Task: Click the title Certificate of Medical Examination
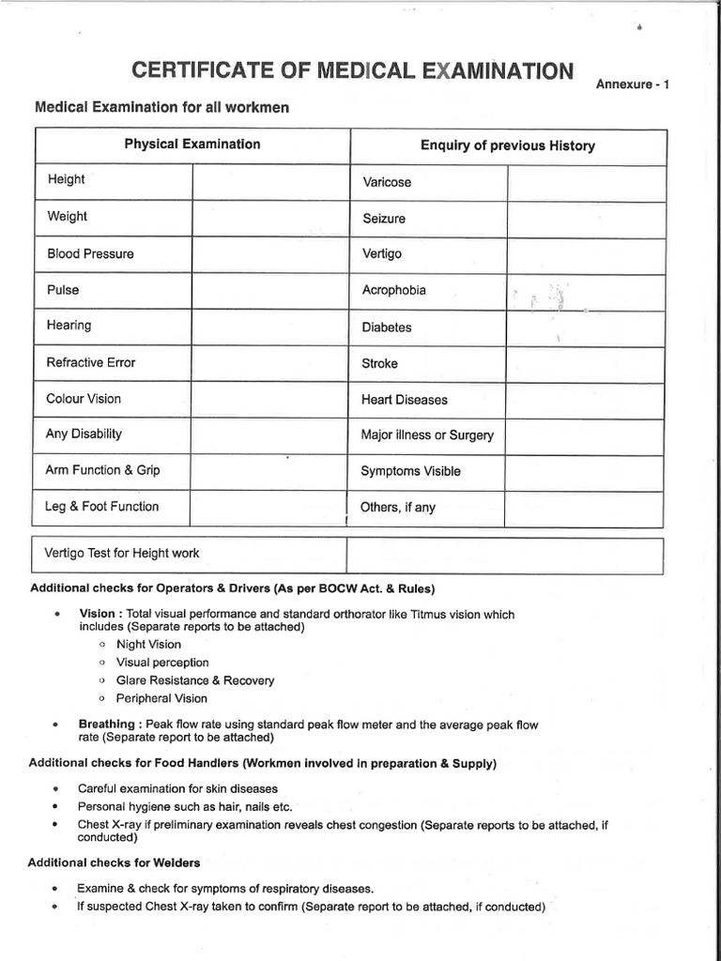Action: [351, 71]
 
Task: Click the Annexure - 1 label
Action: [632, 86]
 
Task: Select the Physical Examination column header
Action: [192, 145]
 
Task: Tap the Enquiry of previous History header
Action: [508, 145]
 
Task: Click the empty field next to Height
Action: [270, 181]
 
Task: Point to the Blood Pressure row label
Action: [90, 253]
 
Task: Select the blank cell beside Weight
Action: [270, 218]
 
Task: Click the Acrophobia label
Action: [393, 290]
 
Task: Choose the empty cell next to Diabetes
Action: [586, 328]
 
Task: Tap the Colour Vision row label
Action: [84, 399]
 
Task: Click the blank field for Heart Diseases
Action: [586, 400]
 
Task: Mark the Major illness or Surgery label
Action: [427, 435]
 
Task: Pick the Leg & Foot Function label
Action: [102, 507]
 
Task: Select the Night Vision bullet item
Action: [148, 645]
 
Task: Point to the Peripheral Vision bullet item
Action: [161, 698]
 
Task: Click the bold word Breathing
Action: [106, 725]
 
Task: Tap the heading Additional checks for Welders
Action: [114, 862]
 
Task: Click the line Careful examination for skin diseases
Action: [177, 788]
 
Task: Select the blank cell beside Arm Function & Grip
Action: [270, 471]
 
